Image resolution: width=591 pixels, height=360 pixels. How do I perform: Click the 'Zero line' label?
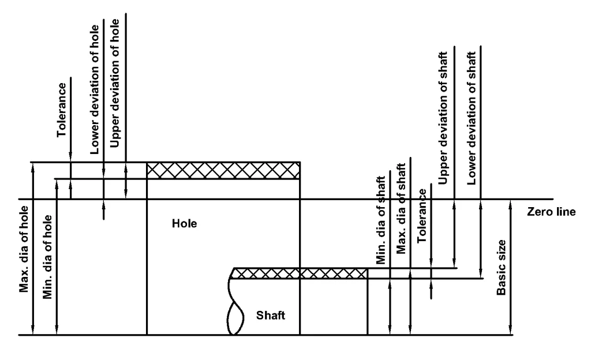(x=551, y=212)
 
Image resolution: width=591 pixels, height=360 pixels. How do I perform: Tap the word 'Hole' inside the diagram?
(x=184, y=224)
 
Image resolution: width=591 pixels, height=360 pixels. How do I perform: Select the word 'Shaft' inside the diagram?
(x=271, y=315)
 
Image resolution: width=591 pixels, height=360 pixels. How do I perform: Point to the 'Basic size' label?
(x=501, y=267)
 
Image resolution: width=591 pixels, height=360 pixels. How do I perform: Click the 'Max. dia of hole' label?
(x=24, y=249)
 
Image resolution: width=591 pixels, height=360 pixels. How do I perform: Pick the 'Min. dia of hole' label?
(x=47, y=257)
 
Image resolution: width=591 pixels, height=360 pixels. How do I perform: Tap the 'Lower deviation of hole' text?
(x=94, y=89)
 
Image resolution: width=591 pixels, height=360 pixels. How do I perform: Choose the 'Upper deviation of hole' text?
(x=115, y=83)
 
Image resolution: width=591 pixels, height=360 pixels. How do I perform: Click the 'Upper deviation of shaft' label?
(x=443, y=118)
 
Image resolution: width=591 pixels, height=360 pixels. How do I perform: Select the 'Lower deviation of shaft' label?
(x=472, y=118)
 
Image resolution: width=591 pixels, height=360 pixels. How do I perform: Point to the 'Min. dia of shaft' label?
(x=381, y=220)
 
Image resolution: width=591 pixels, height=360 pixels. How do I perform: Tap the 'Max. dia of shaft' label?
(x=401, y=209)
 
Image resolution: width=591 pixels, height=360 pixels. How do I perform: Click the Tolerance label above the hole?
(x=61, y=110)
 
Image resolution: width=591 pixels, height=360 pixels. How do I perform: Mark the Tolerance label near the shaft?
(x=421, y=216)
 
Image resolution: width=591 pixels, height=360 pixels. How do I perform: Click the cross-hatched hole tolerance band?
(x=223, y=170)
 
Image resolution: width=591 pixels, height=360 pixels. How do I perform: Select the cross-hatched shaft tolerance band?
(x=300, y=273)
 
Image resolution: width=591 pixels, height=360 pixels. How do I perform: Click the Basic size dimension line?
(x=510, y=267)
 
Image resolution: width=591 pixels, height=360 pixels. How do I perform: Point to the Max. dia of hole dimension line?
(x=33, y=249)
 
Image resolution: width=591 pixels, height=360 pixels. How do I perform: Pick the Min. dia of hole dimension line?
(x=57, y=257)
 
